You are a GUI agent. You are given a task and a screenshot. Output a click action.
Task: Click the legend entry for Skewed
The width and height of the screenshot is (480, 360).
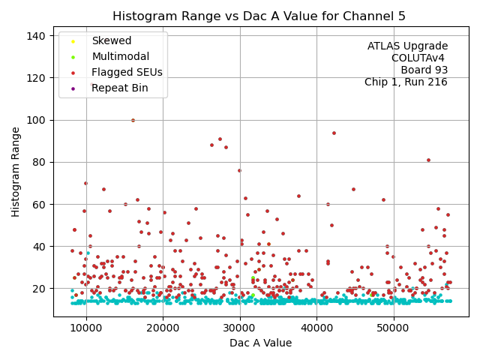click(x=111, y=40)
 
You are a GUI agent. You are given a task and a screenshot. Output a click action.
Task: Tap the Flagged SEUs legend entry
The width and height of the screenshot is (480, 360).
click(x=127, y=72)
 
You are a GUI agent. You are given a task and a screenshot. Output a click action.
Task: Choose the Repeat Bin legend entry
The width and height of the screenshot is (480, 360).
click(x=118, y=88)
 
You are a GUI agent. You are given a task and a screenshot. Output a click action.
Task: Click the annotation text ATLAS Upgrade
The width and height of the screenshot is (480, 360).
click(x=407, y=46)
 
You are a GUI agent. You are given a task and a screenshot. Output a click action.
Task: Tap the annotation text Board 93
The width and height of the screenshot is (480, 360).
click(x=424, y=70)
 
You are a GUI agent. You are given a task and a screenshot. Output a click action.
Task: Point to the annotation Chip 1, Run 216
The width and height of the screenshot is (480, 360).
click(x=406, y=82)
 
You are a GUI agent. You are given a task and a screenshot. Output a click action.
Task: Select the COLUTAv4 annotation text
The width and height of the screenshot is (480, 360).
click(x=419, y=58)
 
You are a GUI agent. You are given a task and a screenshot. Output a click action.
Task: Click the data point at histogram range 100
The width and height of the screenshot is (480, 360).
click(x=133, y=120)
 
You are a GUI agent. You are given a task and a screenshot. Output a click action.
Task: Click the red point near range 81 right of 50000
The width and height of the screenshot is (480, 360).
click(x=428, y=160)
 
